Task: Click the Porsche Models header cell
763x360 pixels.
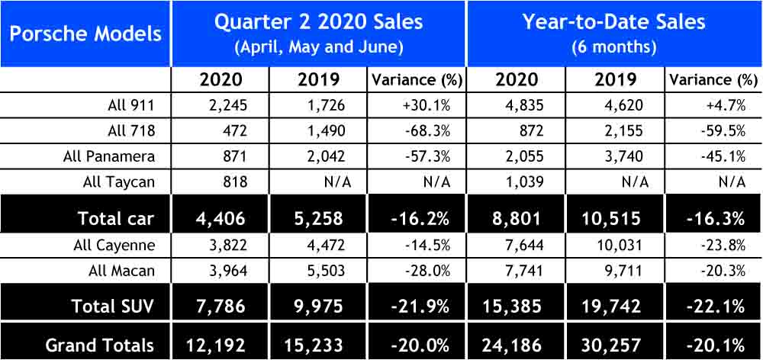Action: point(85,34)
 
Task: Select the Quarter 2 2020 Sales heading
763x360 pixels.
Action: point(318,21)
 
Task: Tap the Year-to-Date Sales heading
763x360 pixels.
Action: point(614,21)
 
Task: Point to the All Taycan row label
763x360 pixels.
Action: point(119,182)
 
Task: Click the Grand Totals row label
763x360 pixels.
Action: point(99,345)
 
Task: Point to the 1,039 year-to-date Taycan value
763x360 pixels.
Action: point(522,182)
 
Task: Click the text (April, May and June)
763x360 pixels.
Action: point(318,46)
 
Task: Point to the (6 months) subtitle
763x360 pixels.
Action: point(614,46)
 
